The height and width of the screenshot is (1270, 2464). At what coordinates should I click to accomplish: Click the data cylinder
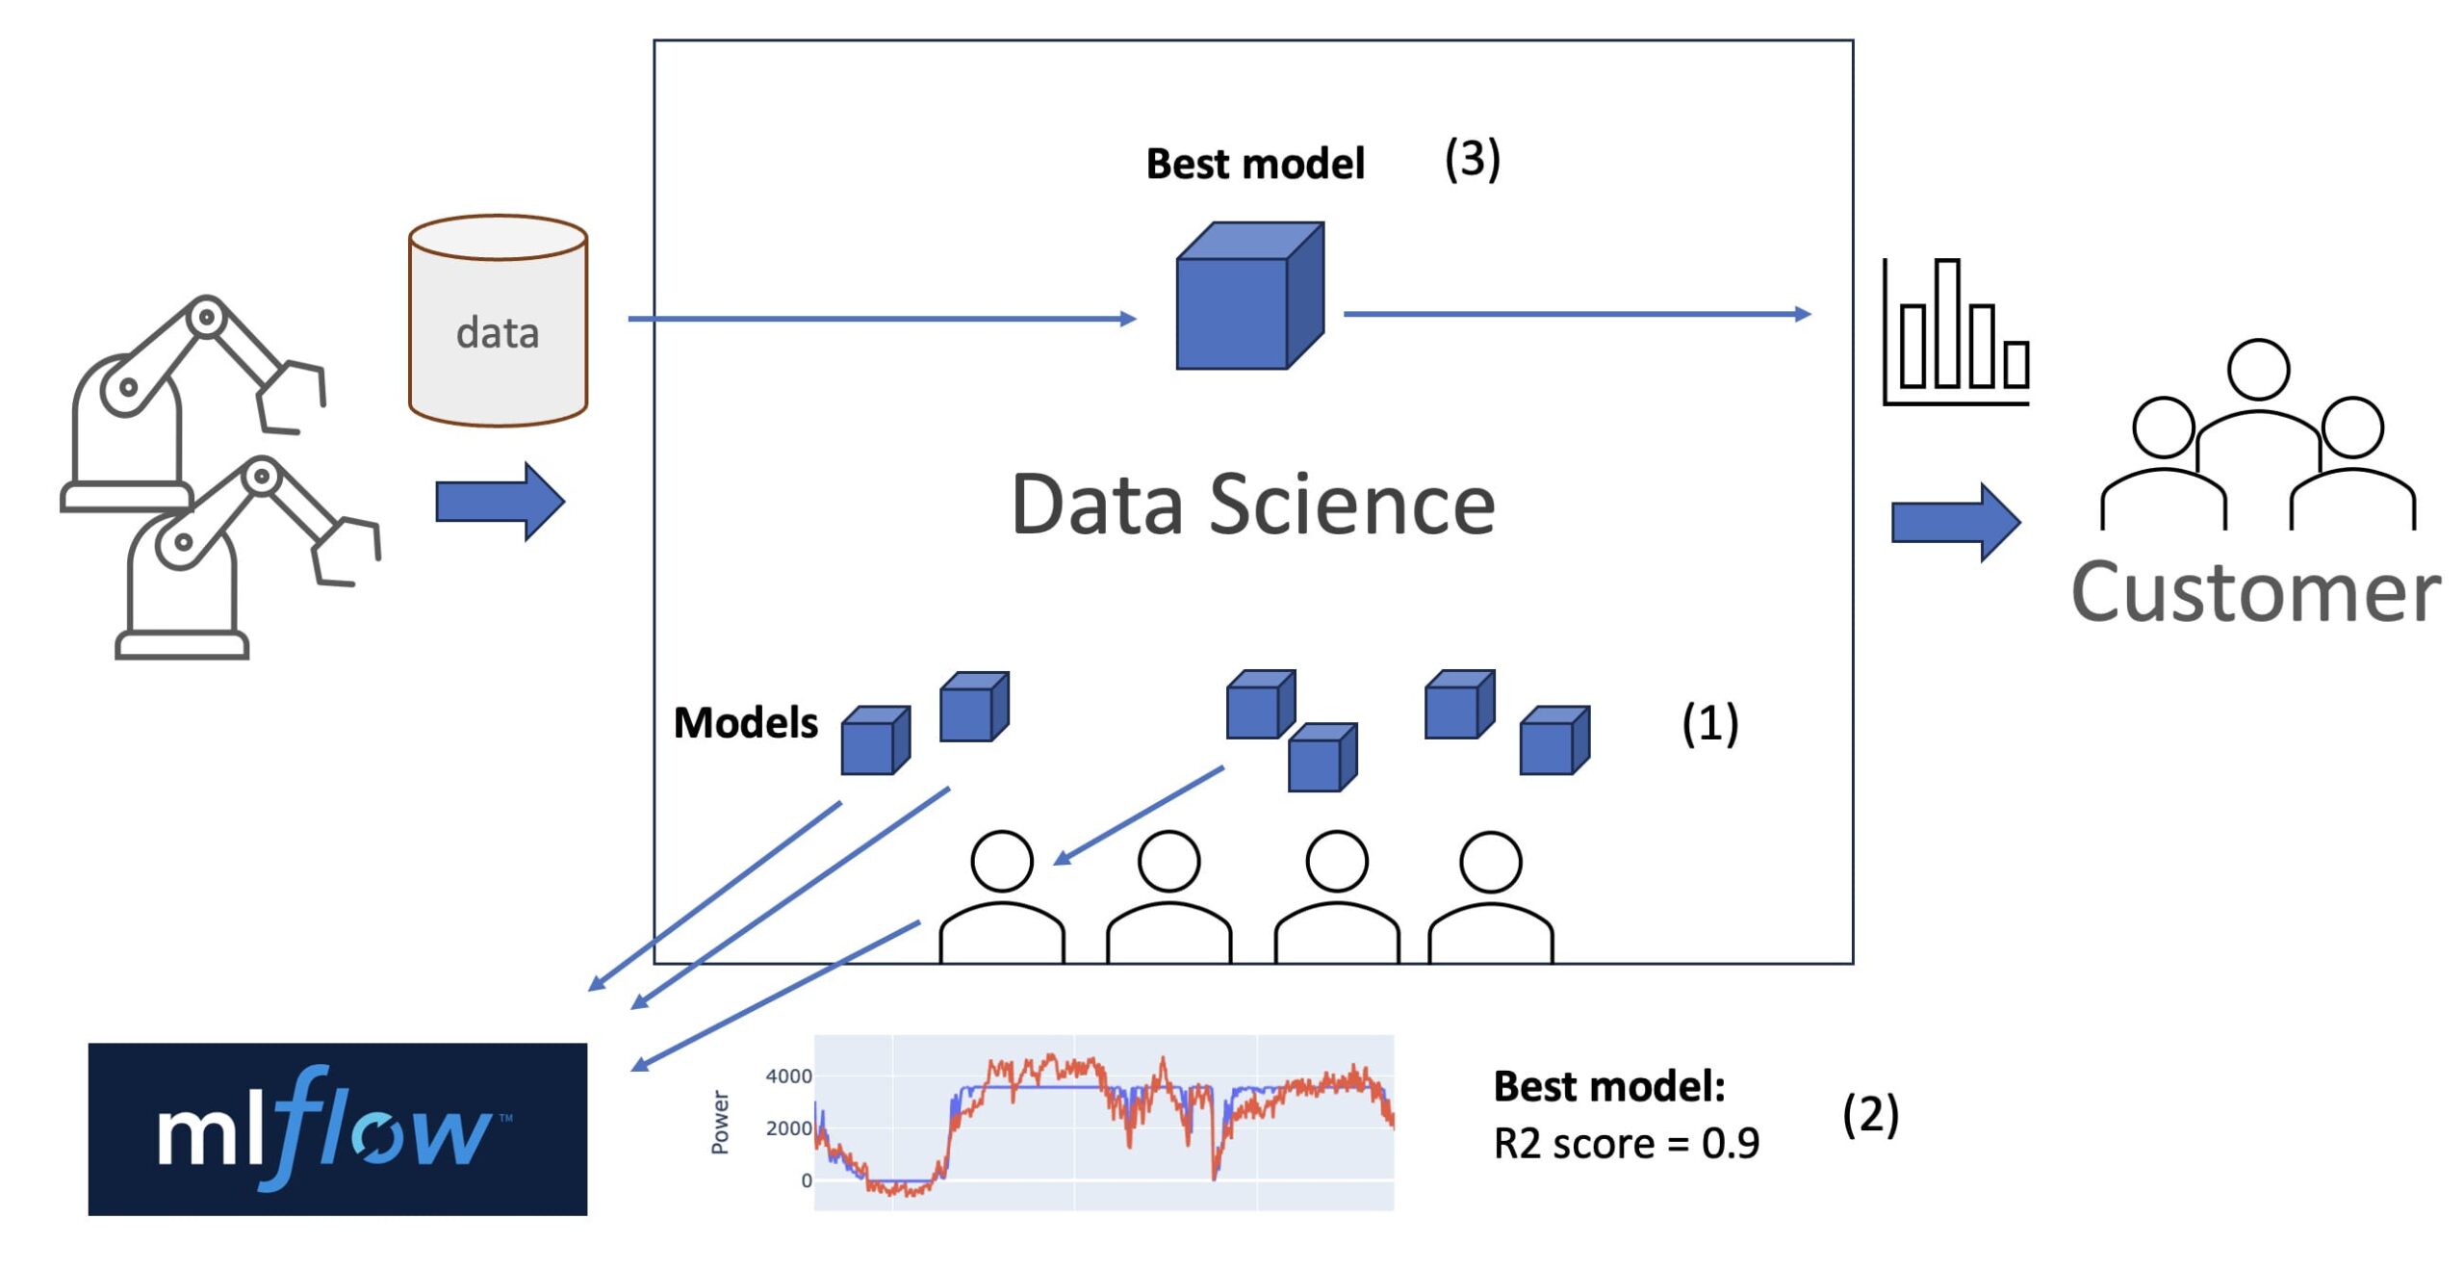(x=498, y=320)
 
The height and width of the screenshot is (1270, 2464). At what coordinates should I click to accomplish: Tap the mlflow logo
(x=337, y=1128)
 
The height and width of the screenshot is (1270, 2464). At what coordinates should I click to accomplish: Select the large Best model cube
(x=1250, y=296)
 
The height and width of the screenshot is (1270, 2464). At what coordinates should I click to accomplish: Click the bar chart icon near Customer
(x=1956, y=331)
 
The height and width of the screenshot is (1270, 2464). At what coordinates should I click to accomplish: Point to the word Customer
(x=2255, y=591)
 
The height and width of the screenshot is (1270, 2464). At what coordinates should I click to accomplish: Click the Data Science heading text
(x=1253, y=505)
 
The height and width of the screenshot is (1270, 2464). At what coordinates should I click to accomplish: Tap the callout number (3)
(x=1472, y=159)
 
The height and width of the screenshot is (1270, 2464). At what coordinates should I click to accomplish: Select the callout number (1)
(x=1709, y=722)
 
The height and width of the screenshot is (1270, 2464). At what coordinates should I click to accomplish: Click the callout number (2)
(x=1870, y=1115)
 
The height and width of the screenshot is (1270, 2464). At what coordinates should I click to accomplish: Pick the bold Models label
(x=745, y=722)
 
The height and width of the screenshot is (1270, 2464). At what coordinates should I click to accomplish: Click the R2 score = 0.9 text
(x=1626, y=1143)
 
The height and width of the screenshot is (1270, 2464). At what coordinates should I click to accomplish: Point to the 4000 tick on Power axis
(x=788, y=1076)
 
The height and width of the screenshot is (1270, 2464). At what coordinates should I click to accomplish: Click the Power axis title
(x=720, y=1122)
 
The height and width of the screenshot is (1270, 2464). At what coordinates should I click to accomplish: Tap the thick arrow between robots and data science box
(x=500, y=502)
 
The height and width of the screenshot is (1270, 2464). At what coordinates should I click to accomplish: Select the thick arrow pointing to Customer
(x=1956, y=523)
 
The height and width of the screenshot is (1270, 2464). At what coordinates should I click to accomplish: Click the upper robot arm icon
(x=192, y=402)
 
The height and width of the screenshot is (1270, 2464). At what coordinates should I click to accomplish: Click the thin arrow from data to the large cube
(x=882, y=319)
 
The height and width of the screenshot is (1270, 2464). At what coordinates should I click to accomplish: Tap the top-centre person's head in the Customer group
(x=2258, y=370)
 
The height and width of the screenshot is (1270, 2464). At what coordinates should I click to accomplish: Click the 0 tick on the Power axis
(x=807, y=1180)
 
